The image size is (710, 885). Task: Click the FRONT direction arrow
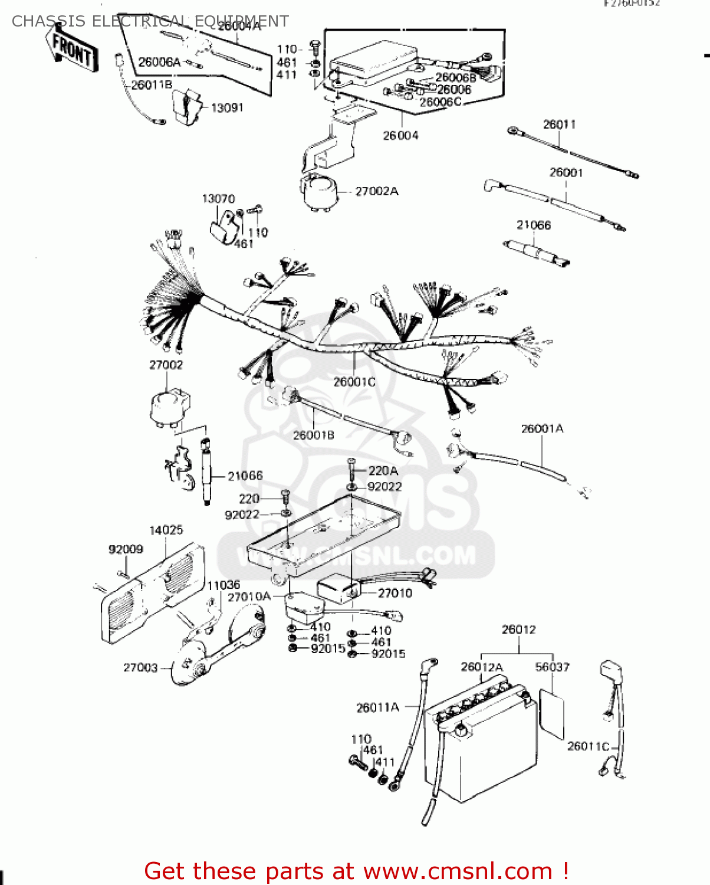pos(72,48)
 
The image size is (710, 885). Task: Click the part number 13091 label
pos(227,108)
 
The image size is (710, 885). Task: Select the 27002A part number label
pos(376,191)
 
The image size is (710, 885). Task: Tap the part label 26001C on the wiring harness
pos(354,382)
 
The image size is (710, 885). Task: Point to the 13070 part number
pos(218,199)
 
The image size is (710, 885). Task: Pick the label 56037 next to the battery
pos(552,667)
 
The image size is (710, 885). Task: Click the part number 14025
pos(166,530)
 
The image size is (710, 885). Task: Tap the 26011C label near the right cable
pos(588,746)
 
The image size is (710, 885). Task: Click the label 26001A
pos(542,428)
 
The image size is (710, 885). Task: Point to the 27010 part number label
pos(395,593)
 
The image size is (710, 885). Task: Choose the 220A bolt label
pos(383,471)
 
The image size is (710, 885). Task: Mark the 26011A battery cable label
pos(377,707)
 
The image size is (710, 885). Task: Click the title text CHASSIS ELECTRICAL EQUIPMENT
pos(150,21)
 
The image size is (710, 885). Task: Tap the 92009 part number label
pos(126,549)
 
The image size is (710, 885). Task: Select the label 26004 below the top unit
pos(400,136)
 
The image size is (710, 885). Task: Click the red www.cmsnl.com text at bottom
pos(458,871)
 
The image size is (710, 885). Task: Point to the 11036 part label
pos(223,585)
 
